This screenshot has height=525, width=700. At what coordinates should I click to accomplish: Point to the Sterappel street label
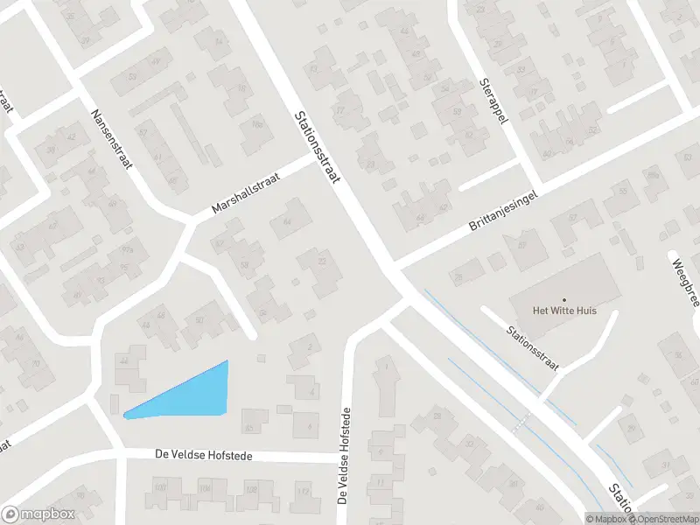pyautogui.click(x=493, y=102)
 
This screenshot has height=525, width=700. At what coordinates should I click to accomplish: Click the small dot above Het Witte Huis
pyautogui.click(x=563, y=299)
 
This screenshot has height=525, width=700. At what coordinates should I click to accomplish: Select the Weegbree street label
pyautogui.click(x=684, y=281)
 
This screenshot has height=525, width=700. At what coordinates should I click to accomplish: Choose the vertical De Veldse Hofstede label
pyautogui.click(x=346, y=456)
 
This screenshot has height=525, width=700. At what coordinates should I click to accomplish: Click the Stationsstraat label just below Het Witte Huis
pyautogui.click(x=532, y=345)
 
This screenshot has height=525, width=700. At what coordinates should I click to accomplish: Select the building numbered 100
pyautogui.click(x=159, y=487)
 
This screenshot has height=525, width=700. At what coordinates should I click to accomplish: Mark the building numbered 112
pyautogui.click(x=303, y=492)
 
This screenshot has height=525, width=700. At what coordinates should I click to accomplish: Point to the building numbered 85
pyautogui.click(x=250, y=427)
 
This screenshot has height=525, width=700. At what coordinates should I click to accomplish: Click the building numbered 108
pyautogui.click(x=252, y=488)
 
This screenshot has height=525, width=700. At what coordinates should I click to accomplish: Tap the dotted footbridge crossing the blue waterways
pyautogui.click(x=522, y=423)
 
